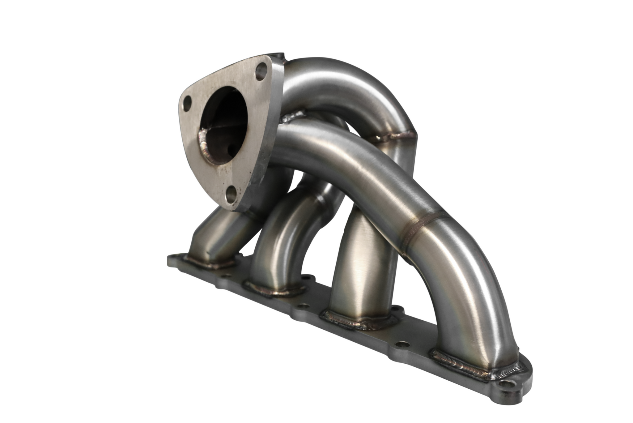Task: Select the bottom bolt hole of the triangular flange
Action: (231, 194)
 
